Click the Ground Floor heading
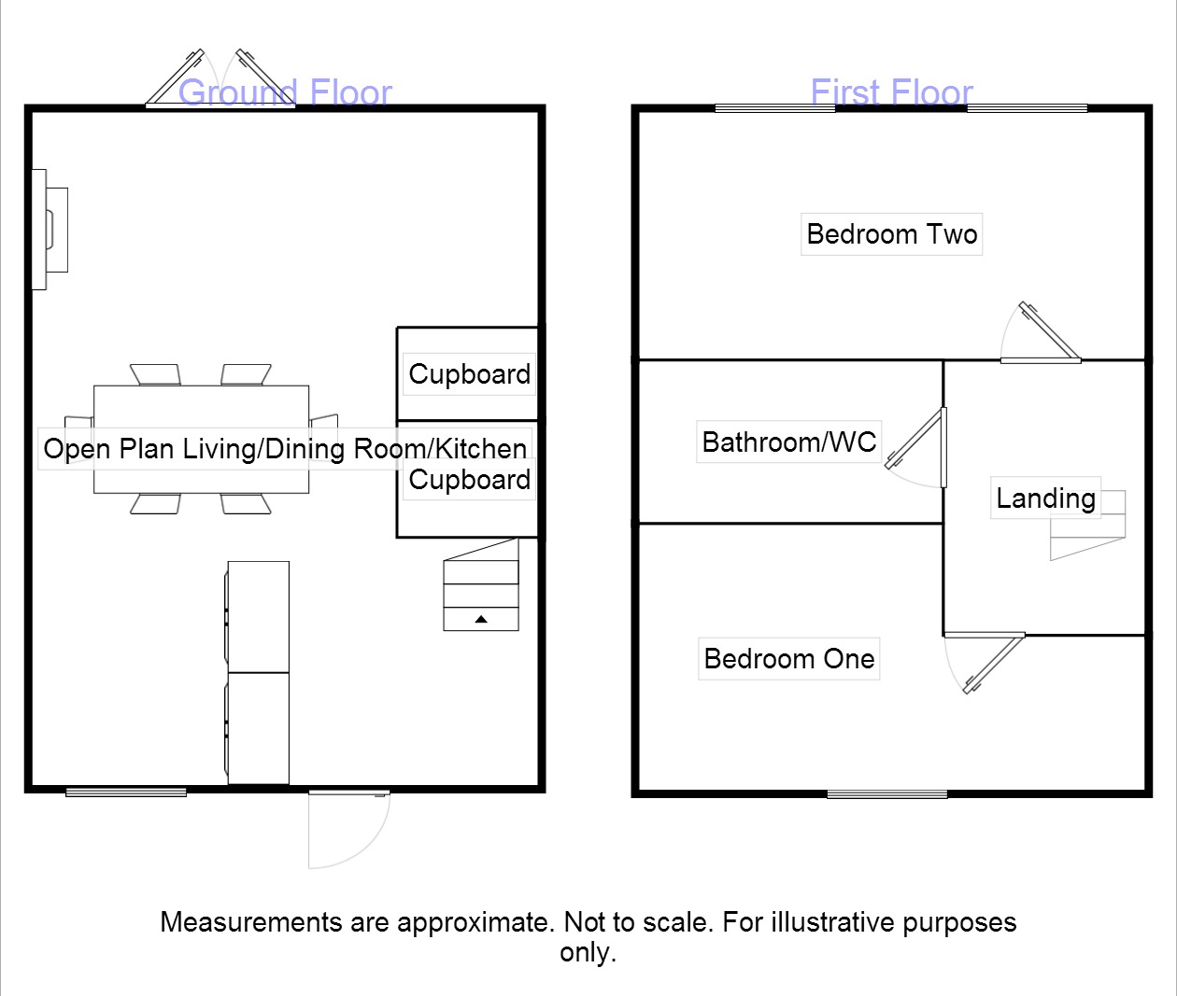285,92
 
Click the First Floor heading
891,92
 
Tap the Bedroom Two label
891,233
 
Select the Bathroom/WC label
788,442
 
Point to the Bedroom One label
788,659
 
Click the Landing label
1045,498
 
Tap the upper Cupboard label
469,374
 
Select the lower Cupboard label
469,480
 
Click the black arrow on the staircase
481,619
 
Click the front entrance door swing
347,829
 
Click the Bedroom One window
886,794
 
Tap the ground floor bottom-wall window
126,793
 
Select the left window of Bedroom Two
774,108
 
